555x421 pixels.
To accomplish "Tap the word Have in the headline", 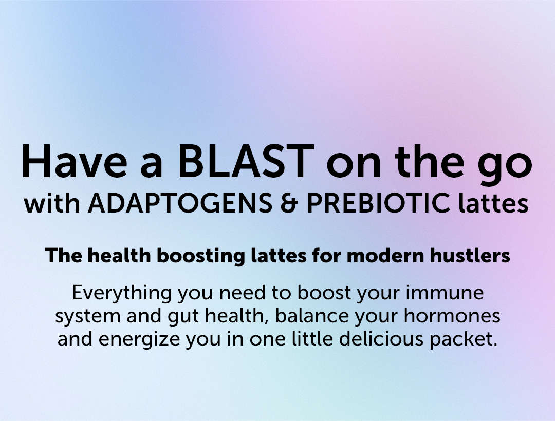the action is point(74,161).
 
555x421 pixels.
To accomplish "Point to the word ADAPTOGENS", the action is point(180,203).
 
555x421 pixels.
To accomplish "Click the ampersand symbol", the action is point(289,203).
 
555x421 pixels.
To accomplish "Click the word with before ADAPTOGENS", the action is point(52,203).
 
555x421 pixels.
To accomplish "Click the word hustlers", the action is point(470,255).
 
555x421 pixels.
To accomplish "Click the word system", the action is point(88,317).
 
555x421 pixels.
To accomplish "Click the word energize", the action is point(139,339).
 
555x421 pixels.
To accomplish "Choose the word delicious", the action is point(381,338).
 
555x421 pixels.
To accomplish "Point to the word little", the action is point(312,338).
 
